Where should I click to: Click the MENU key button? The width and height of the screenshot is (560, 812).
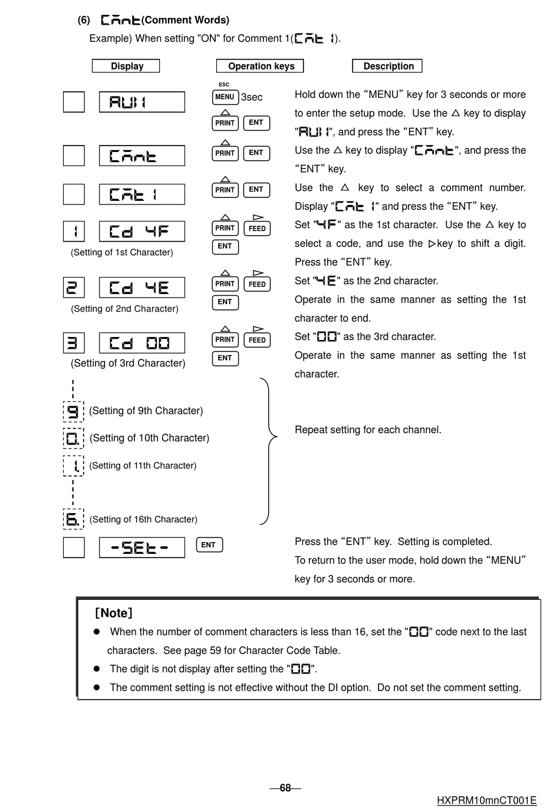tap(225, 97)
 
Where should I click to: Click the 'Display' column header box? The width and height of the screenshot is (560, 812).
tap(126, 66)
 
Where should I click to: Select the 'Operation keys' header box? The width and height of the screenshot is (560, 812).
tap(260, 66)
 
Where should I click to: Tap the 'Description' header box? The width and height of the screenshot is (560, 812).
tap(387, 66)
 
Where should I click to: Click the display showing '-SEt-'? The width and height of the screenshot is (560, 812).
tap(141, 547)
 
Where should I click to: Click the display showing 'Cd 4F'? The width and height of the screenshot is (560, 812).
tap(141, 232)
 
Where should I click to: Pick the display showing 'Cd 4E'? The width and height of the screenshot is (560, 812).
tap(141, 288)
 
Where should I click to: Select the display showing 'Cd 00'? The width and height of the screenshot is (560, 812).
tap(141, 343)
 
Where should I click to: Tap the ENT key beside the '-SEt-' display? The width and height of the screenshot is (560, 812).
tap(209, 545)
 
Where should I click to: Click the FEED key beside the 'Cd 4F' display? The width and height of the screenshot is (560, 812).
tap(257, 228)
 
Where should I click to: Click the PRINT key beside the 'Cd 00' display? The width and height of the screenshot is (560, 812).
tap(225, 339)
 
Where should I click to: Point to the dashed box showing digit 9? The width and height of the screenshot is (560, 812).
tap(74, 411)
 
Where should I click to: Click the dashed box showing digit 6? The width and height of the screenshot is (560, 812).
tap(74, 519)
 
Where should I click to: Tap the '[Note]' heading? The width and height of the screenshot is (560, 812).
tap(114, 613)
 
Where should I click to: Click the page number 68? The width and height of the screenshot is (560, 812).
tap(285, 788)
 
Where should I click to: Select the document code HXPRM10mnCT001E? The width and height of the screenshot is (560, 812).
tap(486, 800)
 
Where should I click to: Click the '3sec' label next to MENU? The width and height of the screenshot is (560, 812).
tap(252, 97)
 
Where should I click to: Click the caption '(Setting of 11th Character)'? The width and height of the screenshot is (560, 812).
tap(143, 466)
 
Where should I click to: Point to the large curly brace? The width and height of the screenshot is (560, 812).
tap(268, 451)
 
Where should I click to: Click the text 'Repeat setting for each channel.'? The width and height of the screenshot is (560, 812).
tap(368, 430)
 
